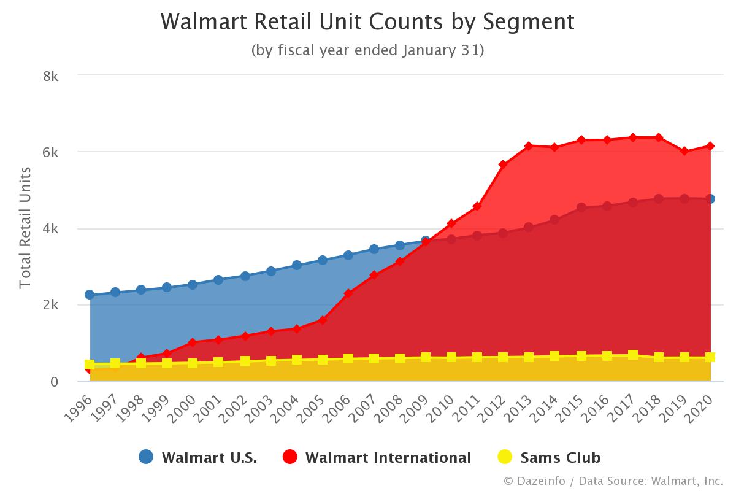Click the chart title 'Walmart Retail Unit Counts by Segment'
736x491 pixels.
367,22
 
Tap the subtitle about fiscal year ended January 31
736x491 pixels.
367,50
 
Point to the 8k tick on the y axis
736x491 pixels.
50,76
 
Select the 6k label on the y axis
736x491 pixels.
50,152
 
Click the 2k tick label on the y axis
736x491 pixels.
50,305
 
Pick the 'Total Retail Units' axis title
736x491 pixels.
25,228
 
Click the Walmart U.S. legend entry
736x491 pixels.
198,457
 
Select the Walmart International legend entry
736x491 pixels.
377,457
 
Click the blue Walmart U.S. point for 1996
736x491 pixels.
90,295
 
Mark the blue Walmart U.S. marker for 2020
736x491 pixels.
710,199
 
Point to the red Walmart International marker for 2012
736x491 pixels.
503,164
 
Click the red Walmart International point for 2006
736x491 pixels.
348,293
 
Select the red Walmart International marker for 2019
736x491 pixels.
684,151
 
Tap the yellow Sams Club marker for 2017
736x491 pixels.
632,355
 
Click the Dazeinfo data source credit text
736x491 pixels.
613,480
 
